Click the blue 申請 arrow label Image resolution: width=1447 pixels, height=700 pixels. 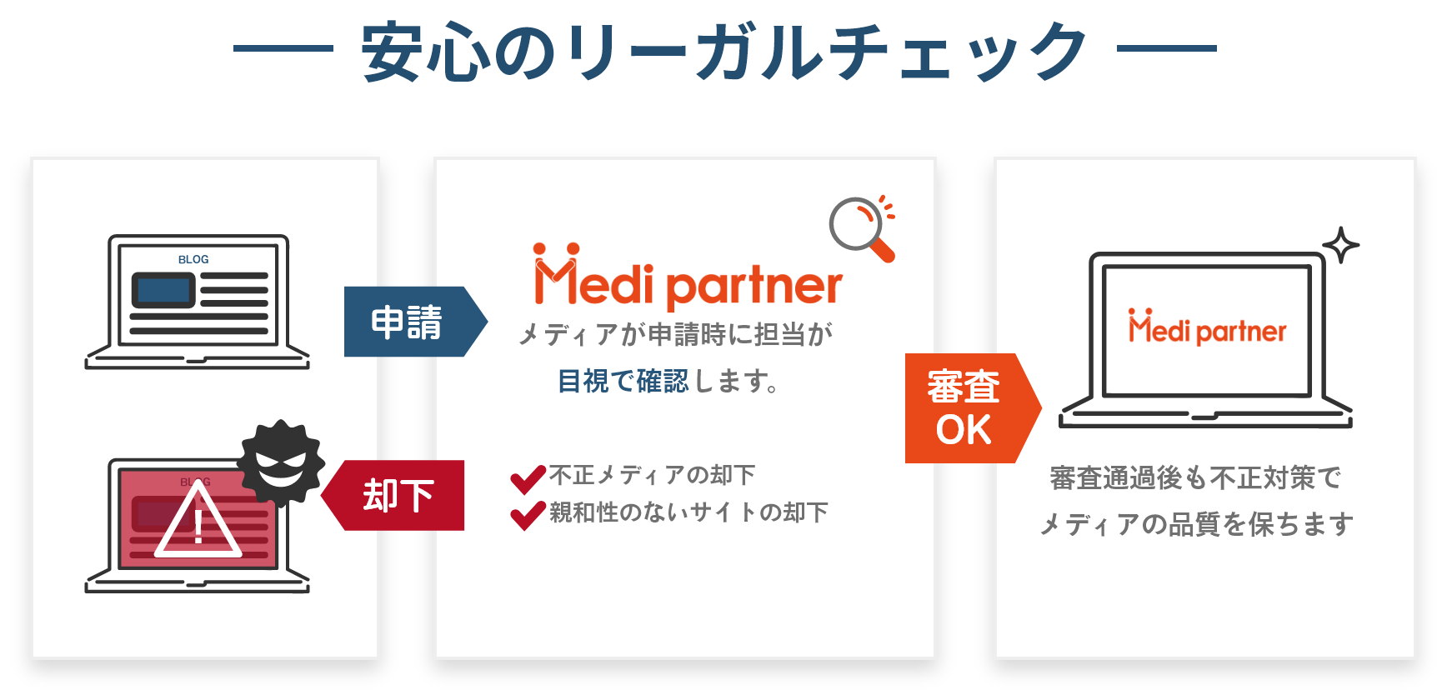tap(408, 322)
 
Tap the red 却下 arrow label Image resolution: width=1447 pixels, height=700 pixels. tap(398, 496)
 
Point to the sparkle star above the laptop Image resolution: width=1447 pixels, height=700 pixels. tap(1340, 245)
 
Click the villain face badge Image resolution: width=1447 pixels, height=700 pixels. tap(280, 462)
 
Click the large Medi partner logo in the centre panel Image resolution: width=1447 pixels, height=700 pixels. tap(688, 277)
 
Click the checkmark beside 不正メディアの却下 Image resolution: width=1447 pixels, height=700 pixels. tap(528, 477)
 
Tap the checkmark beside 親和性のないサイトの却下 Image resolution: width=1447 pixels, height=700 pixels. tap(528, 514)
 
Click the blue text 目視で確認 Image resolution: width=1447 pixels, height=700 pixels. tap(623, 382)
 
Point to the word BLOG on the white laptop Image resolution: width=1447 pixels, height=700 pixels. tap(193, 259)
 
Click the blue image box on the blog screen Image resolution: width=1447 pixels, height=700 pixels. tap(163, 290)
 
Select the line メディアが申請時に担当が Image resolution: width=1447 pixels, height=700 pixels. tap(675, 335)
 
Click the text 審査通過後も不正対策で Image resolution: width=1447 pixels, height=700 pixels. tap(1195, 478)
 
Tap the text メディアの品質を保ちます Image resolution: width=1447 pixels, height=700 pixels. tap(1196, 524)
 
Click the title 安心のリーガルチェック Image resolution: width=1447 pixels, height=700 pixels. tap(723, 52)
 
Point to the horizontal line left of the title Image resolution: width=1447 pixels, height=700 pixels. tap(283, 48)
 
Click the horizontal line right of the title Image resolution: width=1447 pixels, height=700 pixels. tap(1167, 48)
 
